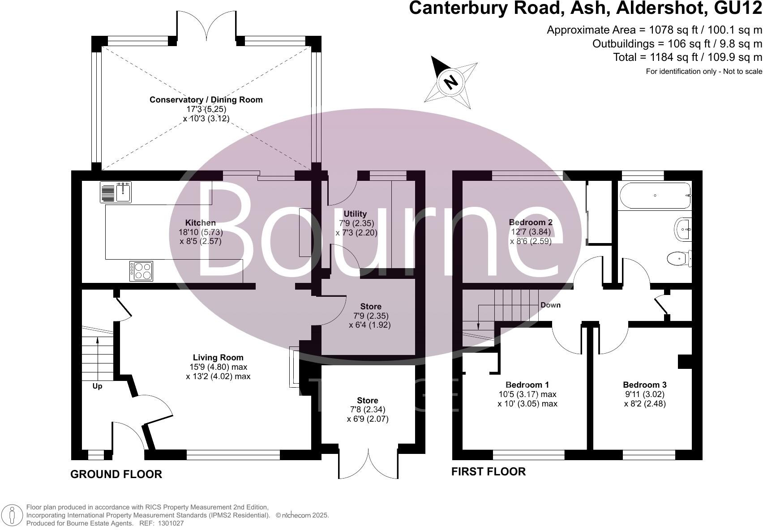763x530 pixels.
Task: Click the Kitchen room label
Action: tap(201, 223)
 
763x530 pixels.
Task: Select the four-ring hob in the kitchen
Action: tap(141, 271)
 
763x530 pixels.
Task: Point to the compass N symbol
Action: tap(451, 81)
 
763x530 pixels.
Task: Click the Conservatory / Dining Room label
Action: tap(206, 100)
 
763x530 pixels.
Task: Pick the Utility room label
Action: tap(355, 214)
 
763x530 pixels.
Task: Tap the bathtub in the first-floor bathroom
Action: tap(655, 196)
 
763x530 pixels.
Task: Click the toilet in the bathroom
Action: tap(678, 258)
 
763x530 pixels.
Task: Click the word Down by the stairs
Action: tap(550, 305)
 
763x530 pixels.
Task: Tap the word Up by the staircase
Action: tap(97, 386)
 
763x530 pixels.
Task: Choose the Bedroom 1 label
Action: tap(527, 385)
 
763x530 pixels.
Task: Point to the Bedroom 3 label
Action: tap(644, 385)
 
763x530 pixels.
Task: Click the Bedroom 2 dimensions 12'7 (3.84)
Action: tap(531, 232)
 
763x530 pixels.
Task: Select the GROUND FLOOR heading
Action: tap(116, 474)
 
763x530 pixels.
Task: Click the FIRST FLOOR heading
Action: tap(488, 471)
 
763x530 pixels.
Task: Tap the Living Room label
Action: tap(218, 358)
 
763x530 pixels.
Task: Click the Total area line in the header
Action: tap(687, 57)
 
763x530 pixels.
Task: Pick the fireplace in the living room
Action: tap(294, 366)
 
